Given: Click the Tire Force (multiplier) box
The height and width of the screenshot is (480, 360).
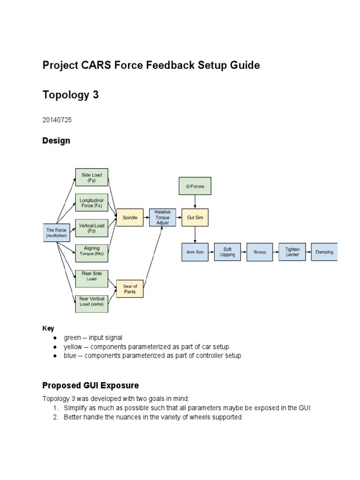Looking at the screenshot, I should click(x=57, y=232).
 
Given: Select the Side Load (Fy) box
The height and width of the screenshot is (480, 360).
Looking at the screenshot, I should click(x=91, y=178).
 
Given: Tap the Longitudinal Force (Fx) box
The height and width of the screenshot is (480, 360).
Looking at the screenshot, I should click(x=91, y=202).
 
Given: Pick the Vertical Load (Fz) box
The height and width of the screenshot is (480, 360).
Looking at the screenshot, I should click(x=91, y=228).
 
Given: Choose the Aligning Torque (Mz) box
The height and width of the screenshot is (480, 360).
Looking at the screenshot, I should click(x=91, y=253).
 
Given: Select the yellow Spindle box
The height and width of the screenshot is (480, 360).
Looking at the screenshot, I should click(x=130, y=217).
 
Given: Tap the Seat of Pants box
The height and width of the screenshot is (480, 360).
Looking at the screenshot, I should click(x=130, y=289).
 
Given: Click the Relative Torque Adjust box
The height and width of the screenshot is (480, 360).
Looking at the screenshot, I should click(x=163, y=217).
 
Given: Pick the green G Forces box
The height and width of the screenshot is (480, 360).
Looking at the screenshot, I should click(x=195, y=186).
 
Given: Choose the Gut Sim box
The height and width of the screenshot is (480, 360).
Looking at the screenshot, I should click(x=195, y=217).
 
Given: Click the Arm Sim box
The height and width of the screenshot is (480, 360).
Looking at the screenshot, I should click(x=195, y=252).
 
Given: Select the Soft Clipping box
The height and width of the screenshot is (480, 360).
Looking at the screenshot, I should click(x=227, y=252).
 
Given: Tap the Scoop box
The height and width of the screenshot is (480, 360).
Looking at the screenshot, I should click(x=260, y=252).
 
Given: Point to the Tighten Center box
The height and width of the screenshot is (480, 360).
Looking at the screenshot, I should click(x=292, y=252).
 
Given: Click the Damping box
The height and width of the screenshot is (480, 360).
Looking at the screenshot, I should click(x=324, y=252).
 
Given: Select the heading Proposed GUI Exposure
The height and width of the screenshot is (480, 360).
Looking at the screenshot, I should click(x=90, y=386).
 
